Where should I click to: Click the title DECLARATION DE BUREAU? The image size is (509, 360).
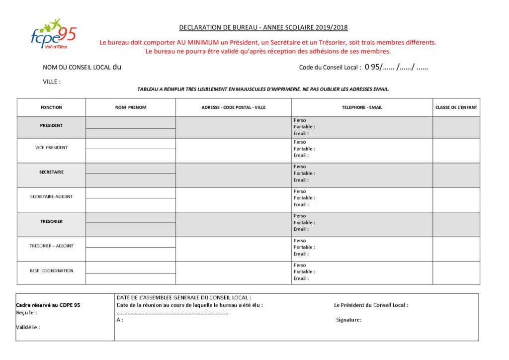[x=263, y=27]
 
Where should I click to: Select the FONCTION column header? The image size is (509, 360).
[x=51, y=107]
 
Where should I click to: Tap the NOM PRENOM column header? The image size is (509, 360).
[x=131, y=107]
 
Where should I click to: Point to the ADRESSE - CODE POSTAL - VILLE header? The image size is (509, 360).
[x=233, y=107]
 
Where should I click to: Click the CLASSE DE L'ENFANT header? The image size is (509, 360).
[x=456, y=107]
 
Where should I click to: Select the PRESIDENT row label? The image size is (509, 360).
[x=51, y=125]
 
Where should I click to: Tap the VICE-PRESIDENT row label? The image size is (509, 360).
[x=51, y=148]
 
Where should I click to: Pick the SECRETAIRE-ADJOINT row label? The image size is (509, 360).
[x=51, y=196]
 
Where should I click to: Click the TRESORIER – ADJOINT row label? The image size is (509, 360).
[x=51, y=246]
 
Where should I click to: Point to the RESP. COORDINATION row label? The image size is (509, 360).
[x=51, y=271]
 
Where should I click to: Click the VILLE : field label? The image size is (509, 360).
[x=52, y=82]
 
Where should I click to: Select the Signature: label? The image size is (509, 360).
[x=349, y=320]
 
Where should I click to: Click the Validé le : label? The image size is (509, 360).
[x=28, y=327]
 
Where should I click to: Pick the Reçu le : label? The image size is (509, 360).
[x=26, y=312]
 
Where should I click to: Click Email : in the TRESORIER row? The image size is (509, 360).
[x=301, y=229]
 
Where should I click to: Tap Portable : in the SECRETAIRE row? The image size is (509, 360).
[x=304, y=173]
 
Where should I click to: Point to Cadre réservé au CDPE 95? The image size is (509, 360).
[x=48, y=305]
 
